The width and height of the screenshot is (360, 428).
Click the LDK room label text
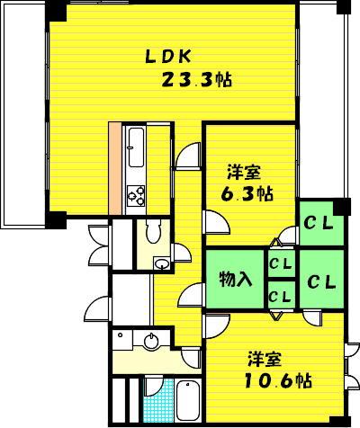point(168,57)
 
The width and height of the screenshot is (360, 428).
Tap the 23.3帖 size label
point(197,80)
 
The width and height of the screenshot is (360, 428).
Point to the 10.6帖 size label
point(278,380)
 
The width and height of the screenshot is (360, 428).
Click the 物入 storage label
point(235,279)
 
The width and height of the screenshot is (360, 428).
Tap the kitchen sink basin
point(136,147)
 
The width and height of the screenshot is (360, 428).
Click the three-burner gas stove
point(136,196)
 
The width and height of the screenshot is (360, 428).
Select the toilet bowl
point(153,231)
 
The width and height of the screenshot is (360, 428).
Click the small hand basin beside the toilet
point(162,263)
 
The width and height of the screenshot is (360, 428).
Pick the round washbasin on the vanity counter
point(151,341)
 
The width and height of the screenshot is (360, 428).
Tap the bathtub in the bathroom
point(188,401)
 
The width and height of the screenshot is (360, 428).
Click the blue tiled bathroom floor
point(159,402)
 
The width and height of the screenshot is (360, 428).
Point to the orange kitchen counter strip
point(115,168)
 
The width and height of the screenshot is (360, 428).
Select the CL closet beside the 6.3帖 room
point(321,223)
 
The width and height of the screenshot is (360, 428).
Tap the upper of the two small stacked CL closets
point(281,263)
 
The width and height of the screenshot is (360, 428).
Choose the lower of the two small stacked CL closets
point(281,296)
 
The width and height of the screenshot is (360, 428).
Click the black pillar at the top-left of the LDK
point(56,12)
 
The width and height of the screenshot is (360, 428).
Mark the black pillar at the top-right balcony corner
point(343,6)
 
